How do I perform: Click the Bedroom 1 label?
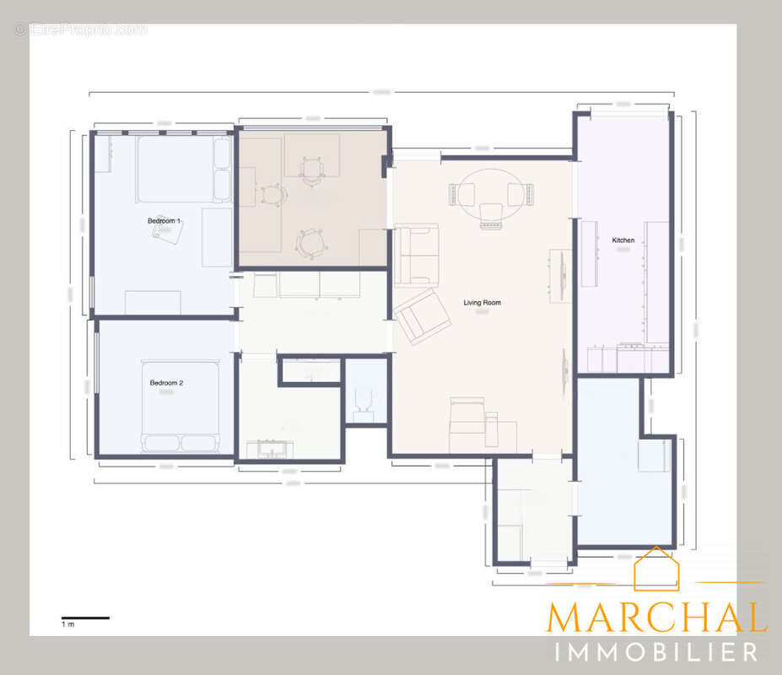(x=164, y=220)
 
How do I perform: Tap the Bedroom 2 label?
(x=166, y=383)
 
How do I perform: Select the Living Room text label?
(x=482, y=302)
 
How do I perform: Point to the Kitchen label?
(x=623, y=240)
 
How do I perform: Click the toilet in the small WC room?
(x=365, y=401)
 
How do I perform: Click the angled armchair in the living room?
(x=423, y=316)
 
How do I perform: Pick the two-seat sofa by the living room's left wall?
(x=416, y=255)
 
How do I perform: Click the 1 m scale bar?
(x=85, y=618)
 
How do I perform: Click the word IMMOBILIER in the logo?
(x=655, y=651)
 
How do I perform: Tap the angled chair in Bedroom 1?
(x=165, y=234)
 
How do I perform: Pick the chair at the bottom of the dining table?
(x=492, y=213)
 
